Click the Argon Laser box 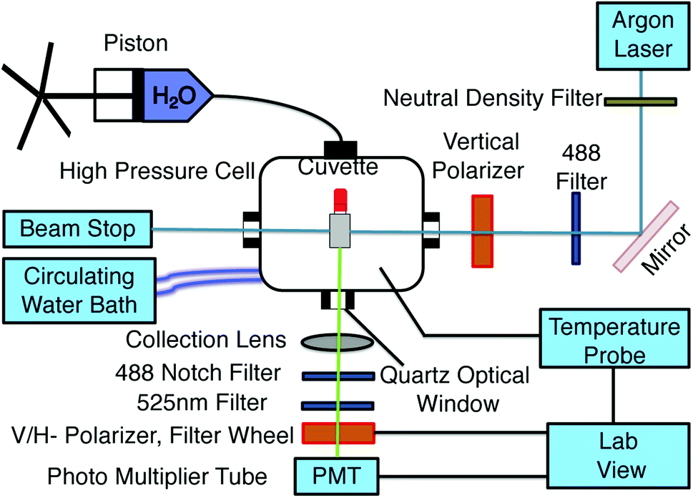click(x=643, y=36)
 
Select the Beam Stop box click(x=78, y=229)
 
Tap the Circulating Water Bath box click(x=79, y=290)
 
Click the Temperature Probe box click(x=615, y=338)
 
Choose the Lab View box click(x=619, y=456)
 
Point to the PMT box click(x=337, y=476)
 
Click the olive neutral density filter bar click(x=640, y=102)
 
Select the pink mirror click(x=646, y=236)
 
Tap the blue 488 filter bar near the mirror click(x=576, y=228)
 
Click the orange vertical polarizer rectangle click(x=482, y=231)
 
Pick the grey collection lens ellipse click(x=338, y=342)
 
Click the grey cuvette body click(x=340, y=231)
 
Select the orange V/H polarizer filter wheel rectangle click(x=338, y=433)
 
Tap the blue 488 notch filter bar click(x=338, y=376)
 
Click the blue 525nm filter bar click(x=338, y=406)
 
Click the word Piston click(x=136, y=44)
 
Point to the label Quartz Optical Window click(x=456, y=389)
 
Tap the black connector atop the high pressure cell click(x=340, y=149)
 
